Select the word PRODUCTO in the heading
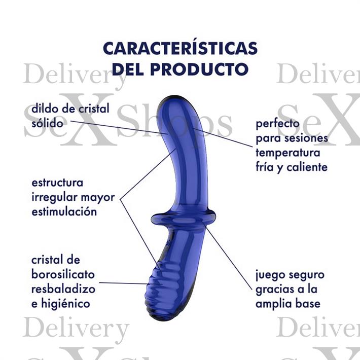(x=199, y=69)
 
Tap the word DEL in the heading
(x=128, y=69)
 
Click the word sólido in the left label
(x=47, y=123)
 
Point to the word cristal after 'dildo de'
(x=94, y=109)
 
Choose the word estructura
(x=57, y=183)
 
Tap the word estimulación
(x=64, y=211)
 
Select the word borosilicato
(x=63, y=274)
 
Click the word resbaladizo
(x=63, y=289)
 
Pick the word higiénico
(x=65, y=304)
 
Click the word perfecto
(x=277, y=124)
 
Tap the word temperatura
(x=288, y=153)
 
